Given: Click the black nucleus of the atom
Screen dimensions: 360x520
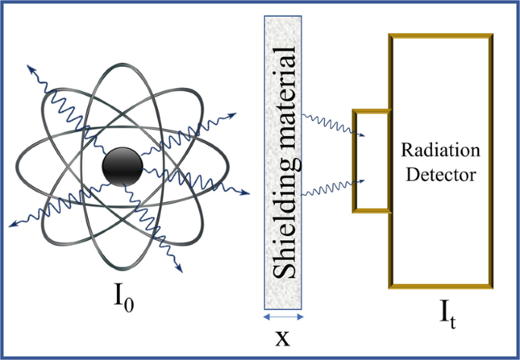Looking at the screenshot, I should [122, 166].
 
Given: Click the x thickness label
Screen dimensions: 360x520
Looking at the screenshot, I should [282, 336].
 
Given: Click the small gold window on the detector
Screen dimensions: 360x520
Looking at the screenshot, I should [372, 161].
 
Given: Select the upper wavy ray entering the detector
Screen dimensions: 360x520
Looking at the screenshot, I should [334, 125].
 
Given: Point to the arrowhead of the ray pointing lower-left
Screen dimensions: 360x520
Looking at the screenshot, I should [11, 225].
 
